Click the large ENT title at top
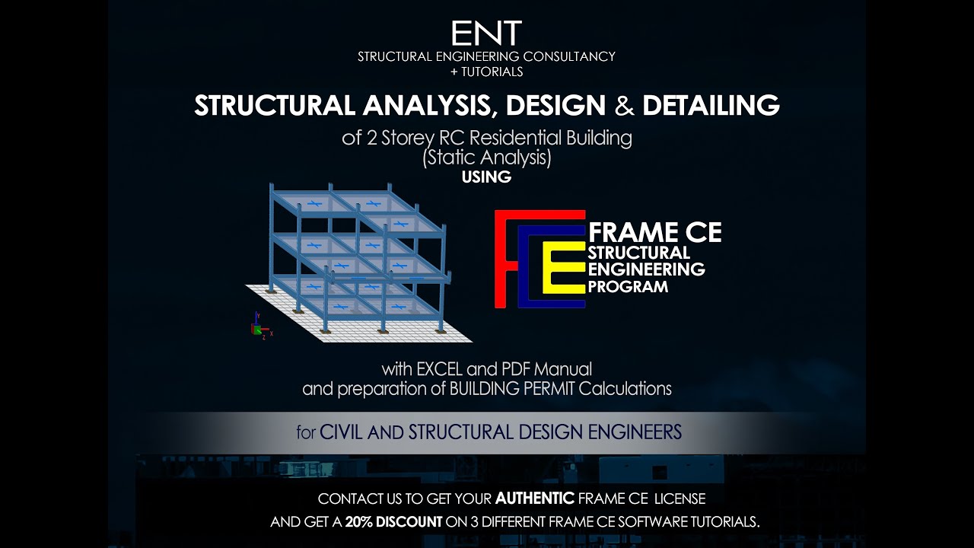pyautogui.click(x=486, y=33)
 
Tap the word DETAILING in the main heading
pyautogui.click(x=711, y=106)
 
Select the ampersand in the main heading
pyautogui.click(x=624, y=106)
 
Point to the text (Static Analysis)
pyautogui.click(x=486, y=158)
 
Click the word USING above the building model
pyautogui.click(x=486, y=177)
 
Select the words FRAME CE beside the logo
pyautogui.click(x=655, y=232)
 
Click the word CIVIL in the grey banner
pyautogui.click(x=341, y=432)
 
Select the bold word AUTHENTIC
pyautogui.click(x=534, y=499)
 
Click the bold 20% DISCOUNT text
pyautogui.click(x=393, y=522)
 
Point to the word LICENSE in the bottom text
pyautogui.click(x=680, y=499)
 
